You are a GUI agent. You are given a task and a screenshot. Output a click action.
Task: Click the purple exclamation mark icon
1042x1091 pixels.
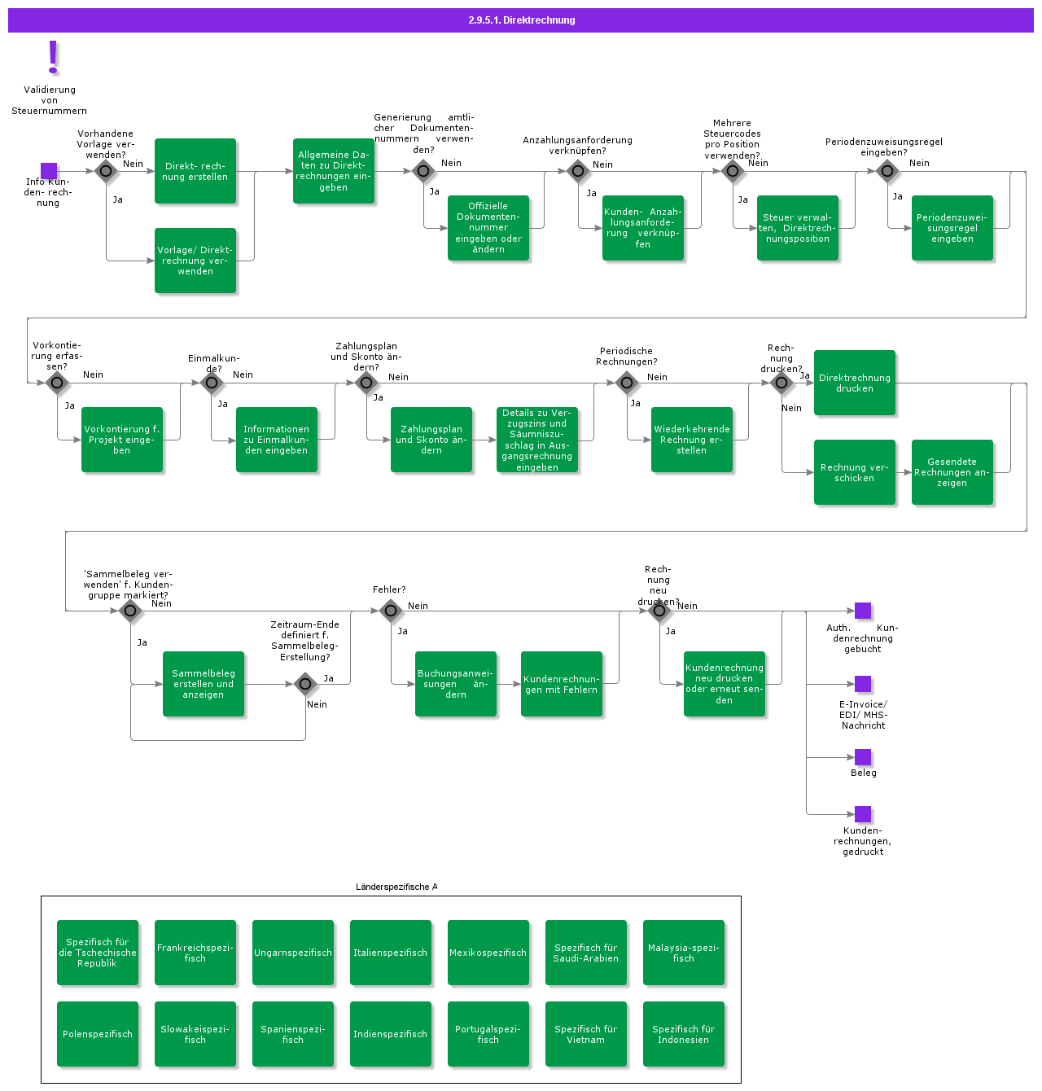[54, 57]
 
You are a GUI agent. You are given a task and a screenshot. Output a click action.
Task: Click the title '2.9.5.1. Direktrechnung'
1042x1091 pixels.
[521, 20]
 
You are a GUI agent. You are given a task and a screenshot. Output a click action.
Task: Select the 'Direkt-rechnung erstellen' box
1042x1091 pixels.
[195, 171]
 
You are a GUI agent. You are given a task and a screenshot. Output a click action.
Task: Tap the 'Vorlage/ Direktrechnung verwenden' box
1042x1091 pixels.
[195, 261]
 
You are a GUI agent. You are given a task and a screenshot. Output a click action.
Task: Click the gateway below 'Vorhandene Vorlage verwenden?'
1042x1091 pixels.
[106, 171]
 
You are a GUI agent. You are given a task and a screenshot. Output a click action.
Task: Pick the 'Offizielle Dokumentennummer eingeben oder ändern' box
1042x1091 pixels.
[488, 228]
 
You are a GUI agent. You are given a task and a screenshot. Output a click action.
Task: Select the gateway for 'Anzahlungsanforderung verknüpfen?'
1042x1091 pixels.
[578, 171]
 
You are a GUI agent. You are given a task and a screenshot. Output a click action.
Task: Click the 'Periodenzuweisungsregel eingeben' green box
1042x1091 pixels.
[952, 228]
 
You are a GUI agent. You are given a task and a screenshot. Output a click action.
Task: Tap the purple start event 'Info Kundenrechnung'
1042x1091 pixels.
[49, 171]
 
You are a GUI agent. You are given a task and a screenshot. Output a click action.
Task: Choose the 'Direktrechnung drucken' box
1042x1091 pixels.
[855, 383]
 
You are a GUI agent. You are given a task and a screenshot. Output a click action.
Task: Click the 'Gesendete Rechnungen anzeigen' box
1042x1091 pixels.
[952, 472]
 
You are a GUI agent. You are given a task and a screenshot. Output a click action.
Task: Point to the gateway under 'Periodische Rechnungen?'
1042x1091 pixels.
[627, 383]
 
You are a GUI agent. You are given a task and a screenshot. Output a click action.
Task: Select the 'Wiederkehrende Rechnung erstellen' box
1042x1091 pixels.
[692, 440]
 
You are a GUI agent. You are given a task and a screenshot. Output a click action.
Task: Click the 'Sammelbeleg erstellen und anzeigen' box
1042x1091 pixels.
[204, 684]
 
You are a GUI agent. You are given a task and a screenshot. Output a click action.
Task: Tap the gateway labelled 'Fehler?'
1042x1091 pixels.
[391, 611]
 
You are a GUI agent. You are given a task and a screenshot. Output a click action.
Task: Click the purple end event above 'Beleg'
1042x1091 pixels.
[863, 757]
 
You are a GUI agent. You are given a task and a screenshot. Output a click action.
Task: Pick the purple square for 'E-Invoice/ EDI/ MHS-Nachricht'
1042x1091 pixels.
[863, 684]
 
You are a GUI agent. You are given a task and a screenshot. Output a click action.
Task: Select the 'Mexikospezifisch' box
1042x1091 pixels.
[488, 953]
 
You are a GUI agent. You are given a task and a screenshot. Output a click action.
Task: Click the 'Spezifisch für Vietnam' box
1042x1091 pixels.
[586, 1034]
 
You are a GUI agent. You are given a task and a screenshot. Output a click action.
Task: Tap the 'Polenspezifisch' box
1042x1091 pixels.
[98, 1034]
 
